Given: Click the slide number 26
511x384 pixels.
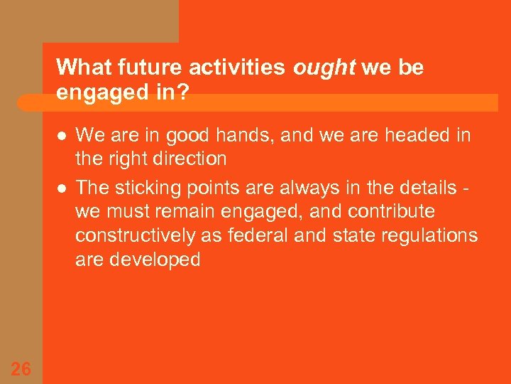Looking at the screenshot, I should (21, 368).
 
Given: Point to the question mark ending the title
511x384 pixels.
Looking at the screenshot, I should (184, 93).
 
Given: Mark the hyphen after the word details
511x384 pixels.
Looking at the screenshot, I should (468, 189).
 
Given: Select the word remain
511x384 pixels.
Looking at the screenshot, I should (198, 212).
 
